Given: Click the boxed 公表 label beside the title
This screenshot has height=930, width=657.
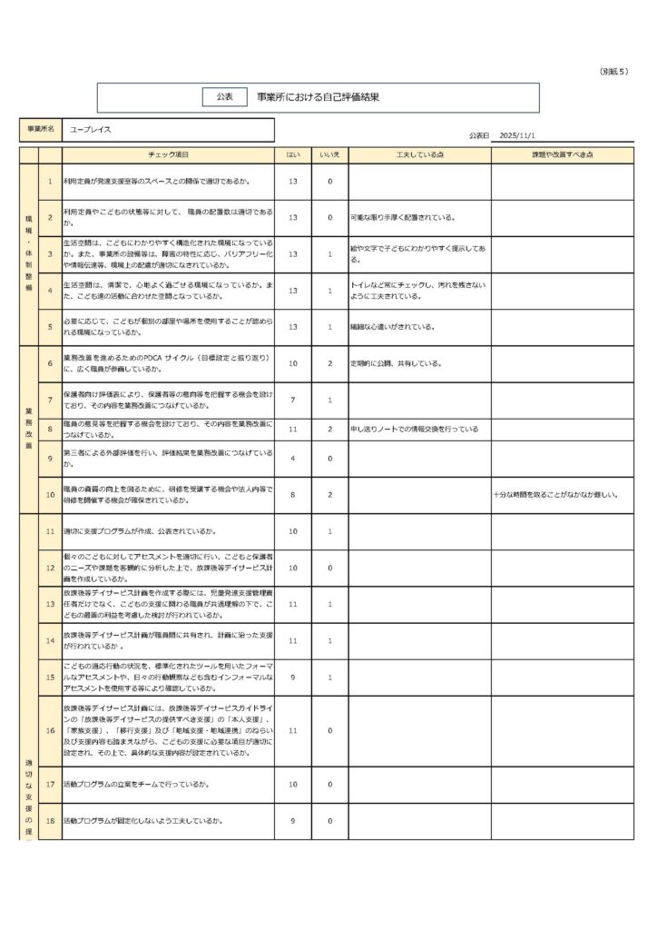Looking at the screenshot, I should pos(224,96).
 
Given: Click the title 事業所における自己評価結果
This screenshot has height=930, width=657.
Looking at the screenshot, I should pos(317,96).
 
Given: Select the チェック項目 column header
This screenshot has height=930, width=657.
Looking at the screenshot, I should pos(168,156).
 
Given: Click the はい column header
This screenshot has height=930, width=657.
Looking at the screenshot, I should pos(293,156).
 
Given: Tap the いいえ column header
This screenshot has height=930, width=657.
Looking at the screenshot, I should pos(329,156).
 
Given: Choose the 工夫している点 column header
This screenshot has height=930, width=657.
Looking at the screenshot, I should pos(419,156).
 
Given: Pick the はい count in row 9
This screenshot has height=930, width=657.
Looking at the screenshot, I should pos(293,458).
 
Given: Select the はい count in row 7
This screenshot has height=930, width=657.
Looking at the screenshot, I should pos(293,400).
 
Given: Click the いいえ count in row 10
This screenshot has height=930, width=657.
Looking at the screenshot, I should pos(329,495).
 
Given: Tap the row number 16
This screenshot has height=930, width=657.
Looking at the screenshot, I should pos(50,729).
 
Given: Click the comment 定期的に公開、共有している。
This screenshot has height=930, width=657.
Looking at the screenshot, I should pos(397,363).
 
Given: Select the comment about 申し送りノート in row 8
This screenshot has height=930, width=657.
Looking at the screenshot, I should pos(414,428).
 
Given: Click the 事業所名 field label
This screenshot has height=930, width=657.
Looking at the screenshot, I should pos(39,130).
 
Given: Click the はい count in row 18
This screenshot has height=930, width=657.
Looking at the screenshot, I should pos(293,821).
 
